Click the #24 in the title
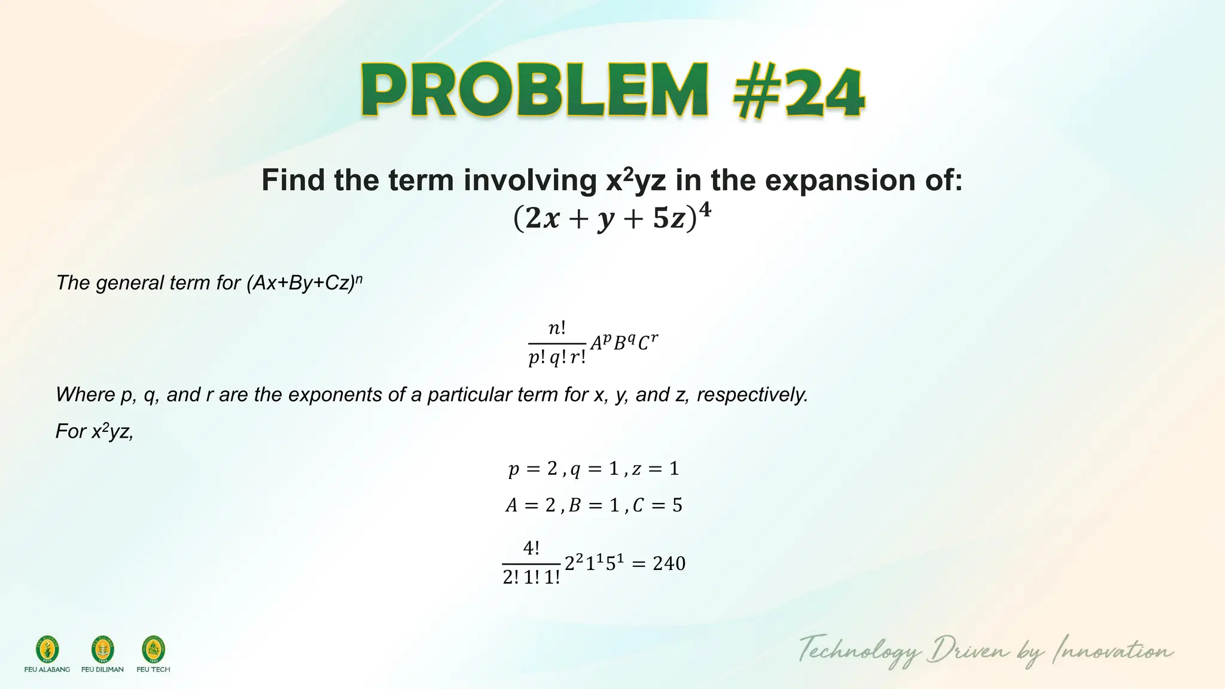click(x=799, y=93)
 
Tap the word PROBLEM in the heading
click(x=535, y=91)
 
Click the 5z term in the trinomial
click(x=669, y=219)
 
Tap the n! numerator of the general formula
click(x=557, y=328)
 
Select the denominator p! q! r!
click(x=557, y=358)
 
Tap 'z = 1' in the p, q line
click(x=656, y=469)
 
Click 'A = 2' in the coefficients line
click(x=531, y=506)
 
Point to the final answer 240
click(x=669, y=563)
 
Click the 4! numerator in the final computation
click(x=531, y=548)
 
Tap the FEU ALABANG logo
click(x=47, y=650)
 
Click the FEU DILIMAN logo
click(x=102, y=650)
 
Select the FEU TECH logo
click(x=153, y=650)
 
